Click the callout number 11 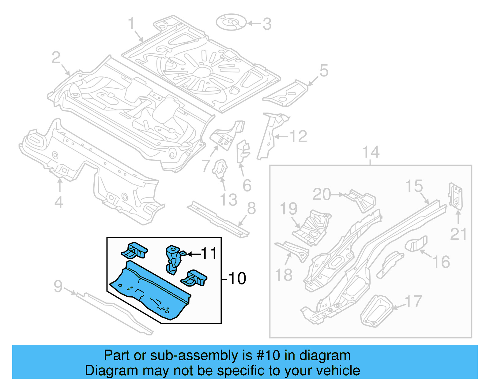coord(209,254)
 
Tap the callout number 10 coord(237,279)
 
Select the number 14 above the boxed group coord(371,152)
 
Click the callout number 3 coord(267,24)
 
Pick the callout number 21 coord(458,234)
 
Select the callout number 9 coord(58,287)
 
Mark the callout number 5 coord(324,71)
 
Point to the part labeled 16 coord(417,243)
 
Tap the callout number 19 coord(288,209)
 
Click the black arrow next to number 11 coord(194,254)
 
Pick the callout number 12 coord(298,136)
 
